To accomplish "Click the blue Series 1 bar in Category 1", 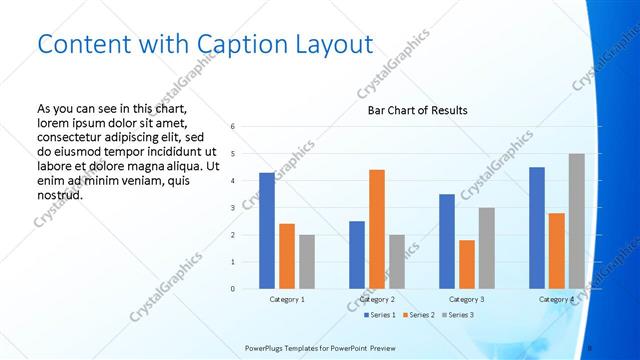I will [x=267, y=231].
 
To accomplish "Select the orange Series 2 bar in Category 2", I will [x=377, y=229].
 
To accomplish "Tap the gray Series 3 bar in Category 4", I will [x=577, y=221].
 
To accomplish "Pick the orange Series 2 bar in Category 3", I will [x=467, y=264].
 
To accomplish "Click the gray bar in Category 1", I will [x=307, y=262].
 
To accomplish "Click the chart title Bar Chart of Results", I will [x=412, y=110].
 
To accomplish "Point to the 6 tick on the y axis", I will [x=232, y=127].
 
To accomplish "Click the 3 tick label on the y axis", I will [x=232, y=208].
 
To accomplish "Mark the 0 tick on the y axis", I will [x=232, y=289].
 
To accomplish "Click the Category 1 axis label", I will [x=287, y=299].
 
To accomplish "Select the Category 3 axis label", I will [x=467, y=299].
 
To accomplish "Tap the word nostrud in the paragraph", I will [x=59, y=194].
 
